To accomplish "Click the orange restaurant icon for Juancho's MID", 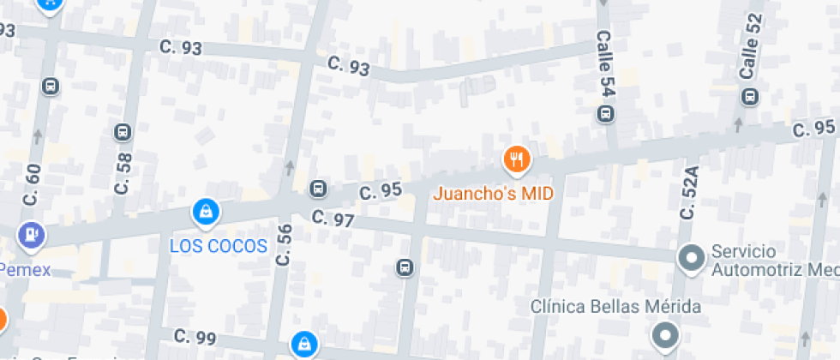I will click(x=516, y=159).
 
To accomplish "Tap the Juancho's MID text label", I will click(x=493, y=193).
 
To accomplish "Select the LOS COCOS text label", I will click(x=219, y=246).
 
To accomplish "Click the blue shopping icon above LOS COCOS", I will click(x=206, y=211).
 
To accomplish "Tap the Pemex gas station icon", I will click(x=33, y=233).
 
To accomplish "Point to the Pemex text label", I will click(x=26, y=270).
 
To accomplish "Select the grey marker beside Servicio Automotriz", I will click(x=690, y=257).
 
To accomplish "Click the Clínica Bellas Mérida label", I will click(x=615, y=307).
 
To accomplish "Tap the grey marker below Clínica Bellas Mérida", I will click(x=665, y=334).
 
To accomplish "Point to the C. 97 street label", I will click(x=333, y=219).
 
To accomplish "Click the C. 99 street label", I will click(x=195, y=338).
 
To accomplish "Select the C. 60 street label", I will click(x=33, y=184).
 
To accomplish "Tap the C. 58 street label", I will click(x=123, y=172).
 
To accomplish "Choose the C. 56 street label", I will click(x=284, y=244).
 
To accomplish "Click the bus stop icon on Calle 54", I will click(x=606, y=113).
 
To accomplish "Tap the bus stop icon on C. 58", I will click(x=123, y=132).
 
